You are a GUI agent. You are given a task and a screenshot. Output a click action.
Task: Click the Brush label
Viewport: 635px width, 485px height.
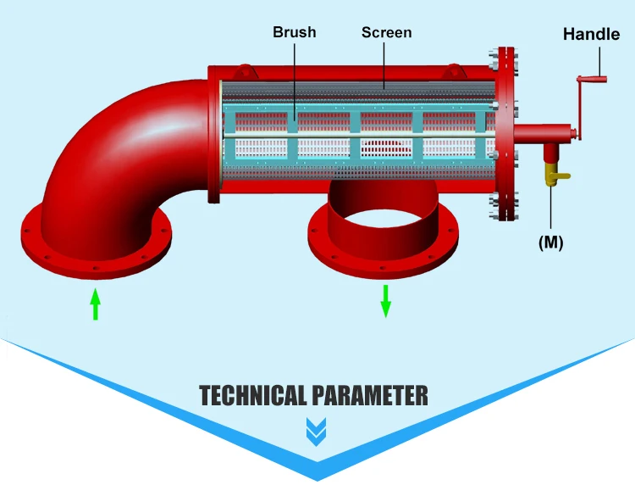(x=294, y=33)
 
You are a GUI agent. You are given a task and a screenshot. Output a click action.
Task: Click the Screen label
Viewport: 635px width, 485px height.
(x=386, y=33)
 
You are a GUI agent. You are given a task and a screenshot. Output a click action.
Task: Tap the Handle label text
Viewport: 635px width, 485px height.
(x=591, y=35)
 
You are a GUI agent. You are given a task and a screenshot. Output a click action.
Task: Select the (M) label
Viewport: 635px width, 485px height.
(x=550, y=242)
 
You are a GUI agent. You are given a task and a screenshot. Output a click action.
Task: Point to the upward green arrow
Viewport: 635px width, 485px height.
(x=96, y=304)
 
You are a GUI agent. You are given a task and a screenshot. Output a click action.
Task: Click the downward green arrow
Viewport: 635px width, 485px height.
(x=385, y=301)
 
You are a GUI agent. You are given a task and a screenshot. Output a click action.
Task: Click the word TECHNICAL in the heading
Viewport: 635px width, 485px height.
(x=252, y=395)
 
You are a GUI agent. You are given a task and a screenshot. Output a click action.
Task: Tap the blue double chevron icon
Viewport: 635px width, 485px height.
(x=316, y=432)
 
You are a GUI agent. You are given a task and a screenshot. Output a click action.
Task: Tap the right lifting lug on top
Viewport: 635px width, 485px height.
(x=456, y=71)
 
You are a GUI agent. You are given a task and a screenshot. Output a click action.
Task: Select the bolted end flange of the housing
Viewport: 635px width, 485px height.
(x=506, y=136)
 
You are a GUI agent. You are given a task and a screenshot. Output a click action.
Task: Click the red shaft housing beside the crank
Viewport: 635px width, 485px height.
(x=542, y=134)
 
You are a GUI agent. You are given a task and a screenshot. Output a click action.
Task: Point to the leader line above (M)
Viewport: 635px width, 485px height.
(x=551, y=208)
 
